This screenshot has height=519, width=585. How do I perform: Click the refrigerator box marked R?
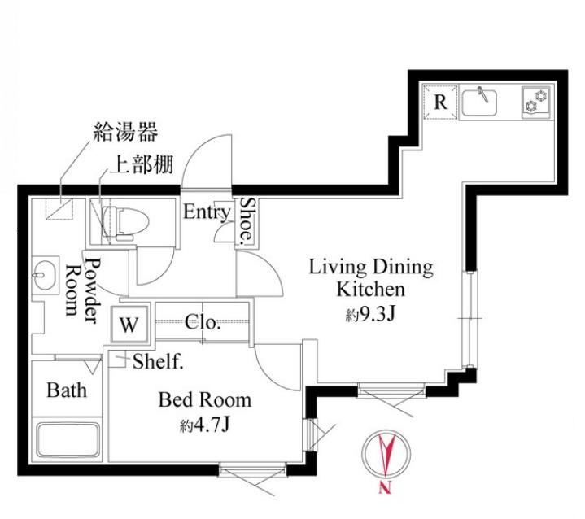(x=440, y=102)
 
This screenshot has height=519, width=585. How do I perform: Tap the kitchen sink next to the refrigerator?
(x=486, y=102)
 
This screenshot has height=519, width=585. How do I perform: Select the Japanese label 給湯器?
(x=124, y=130)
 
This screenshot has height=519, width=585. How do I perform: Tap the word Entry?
(x=207, y=213)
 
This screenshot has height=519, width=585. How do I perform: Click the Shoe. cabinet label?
(x=246, y=221)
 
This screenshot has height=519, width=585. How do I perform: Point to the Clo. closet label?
(x=203, y=322)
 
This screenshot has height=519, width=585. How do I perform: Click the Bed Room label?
(x=204, y=400)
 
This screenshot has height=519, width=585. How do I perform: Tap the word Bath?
(x=66, y=390)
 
